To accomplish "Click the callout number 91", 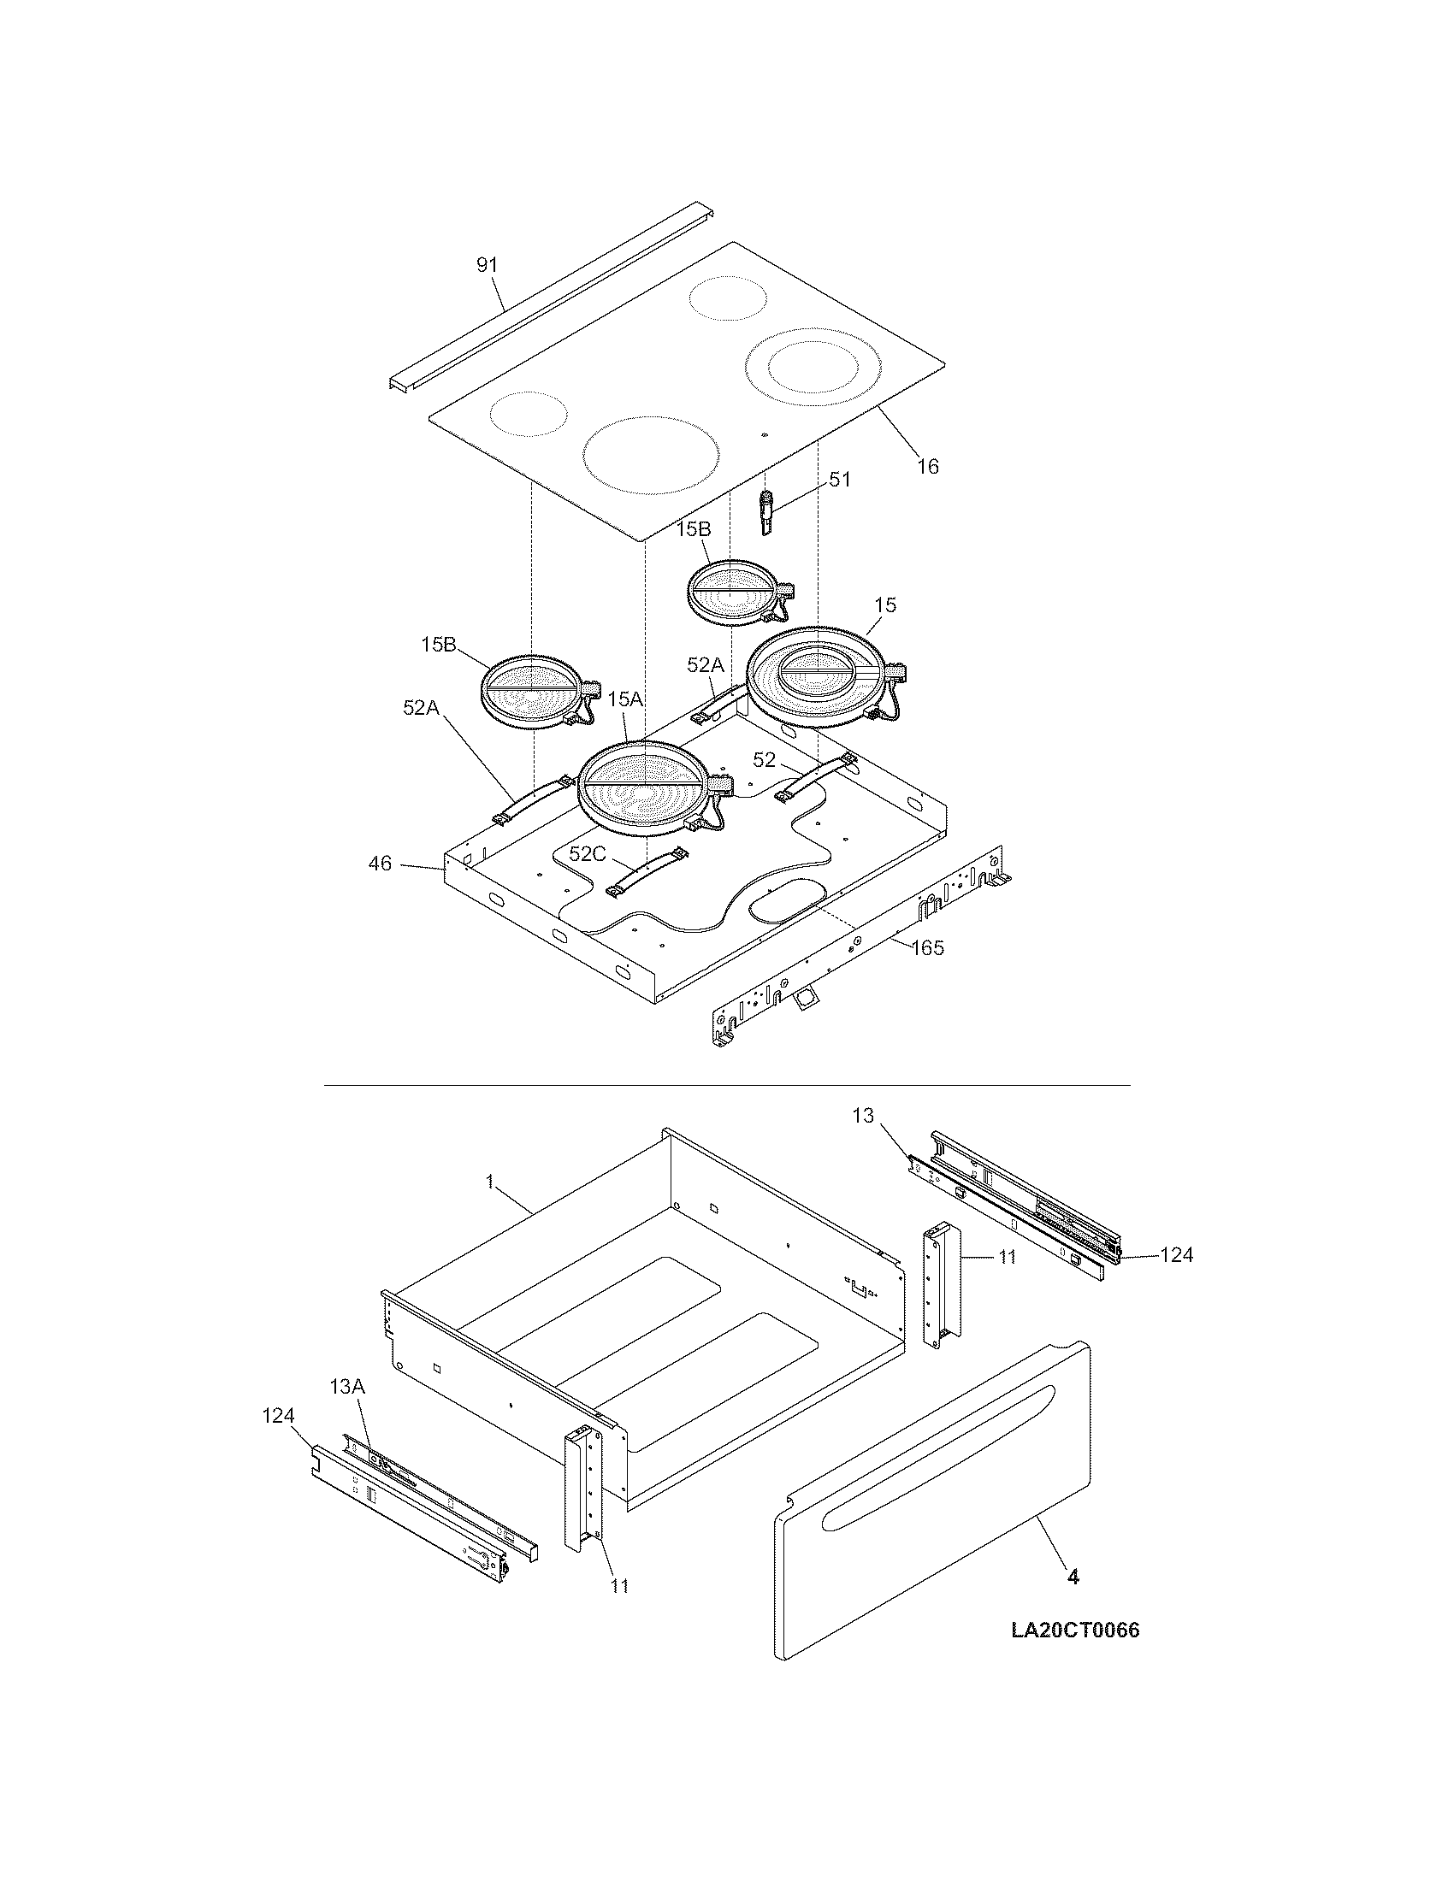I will click(x=488, y=265).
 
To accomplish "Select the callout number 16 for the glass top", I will click(x=928, y=466).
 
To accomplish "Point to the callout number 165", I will click(x=927, y=948).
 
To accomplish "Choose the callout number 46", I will click(x=380, y=863).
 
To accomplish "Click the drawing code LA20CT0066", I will click(x=1075, y=1630).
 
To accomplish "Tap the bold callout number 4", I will click(x=1073, y=1577).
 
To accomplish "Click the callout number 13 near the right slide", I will click(x=863, y=1116).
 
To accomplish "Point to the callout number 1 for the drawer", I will click(x=490, y=1182).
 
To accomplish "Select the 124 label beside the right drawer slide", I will click(x=1176, y=1255).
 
